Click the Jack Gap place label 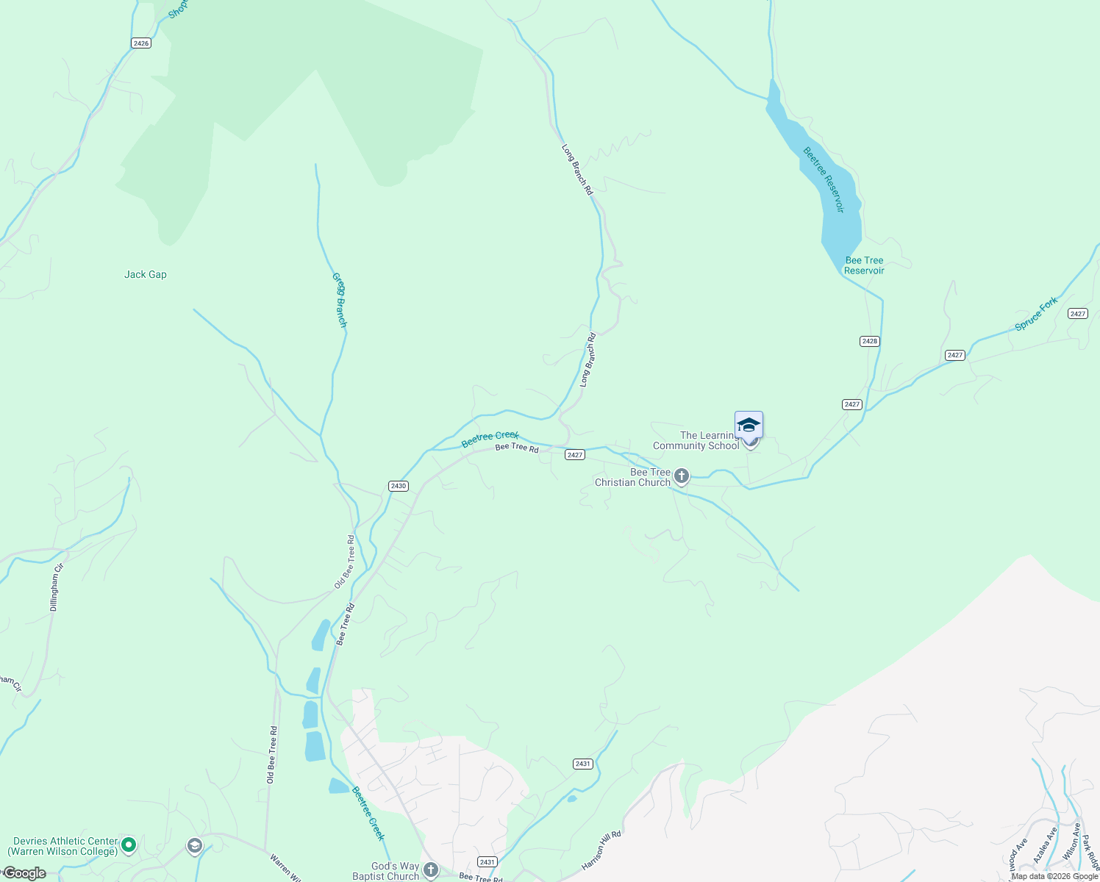click(146, 274)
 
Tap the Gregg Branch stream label click(339, 300)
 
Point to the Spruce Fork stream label click(1036, 314)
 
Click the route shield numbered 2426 click(141, 43)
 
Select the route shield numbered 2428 click(870, 341)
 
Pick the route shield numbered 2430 click(398, 486)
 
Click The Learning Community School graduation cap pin click(749, 426)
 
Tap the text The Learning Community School click(696, 440)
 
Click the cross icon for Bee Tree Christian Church click(682, 476)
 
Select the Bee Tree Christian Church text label click(633, 477)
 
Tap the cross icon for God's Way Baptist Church click(430, 870)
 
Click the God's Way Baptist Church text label click(386, 871)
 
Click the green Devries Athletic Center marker click(129, 845)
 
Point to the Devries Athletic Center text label click(65, 846)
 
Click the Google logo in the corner click(24, 873)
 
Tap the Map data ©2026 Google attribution click(1054, 876)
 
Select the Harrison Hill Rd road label click(601, 850)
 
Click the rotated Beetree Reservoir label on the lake click(824, 180)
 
